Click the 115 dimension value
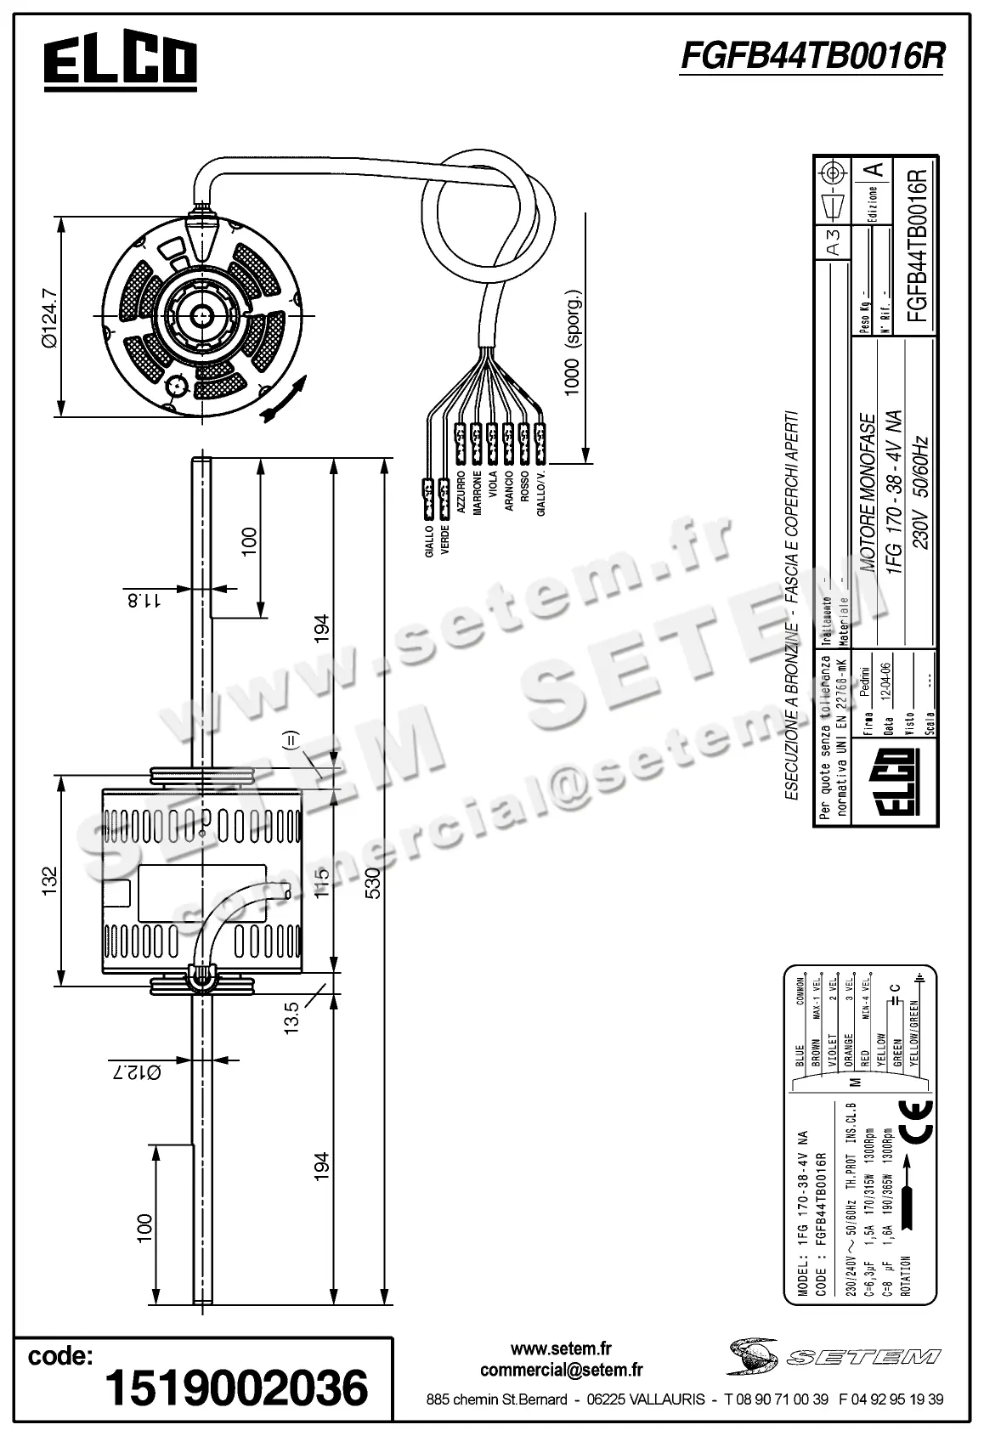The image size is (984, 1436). (x=321, y=884)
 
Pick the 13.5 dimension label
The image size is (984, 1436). (x=291, y=1017)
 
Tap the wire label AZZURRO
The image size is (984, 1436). (x=461, y=494)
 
